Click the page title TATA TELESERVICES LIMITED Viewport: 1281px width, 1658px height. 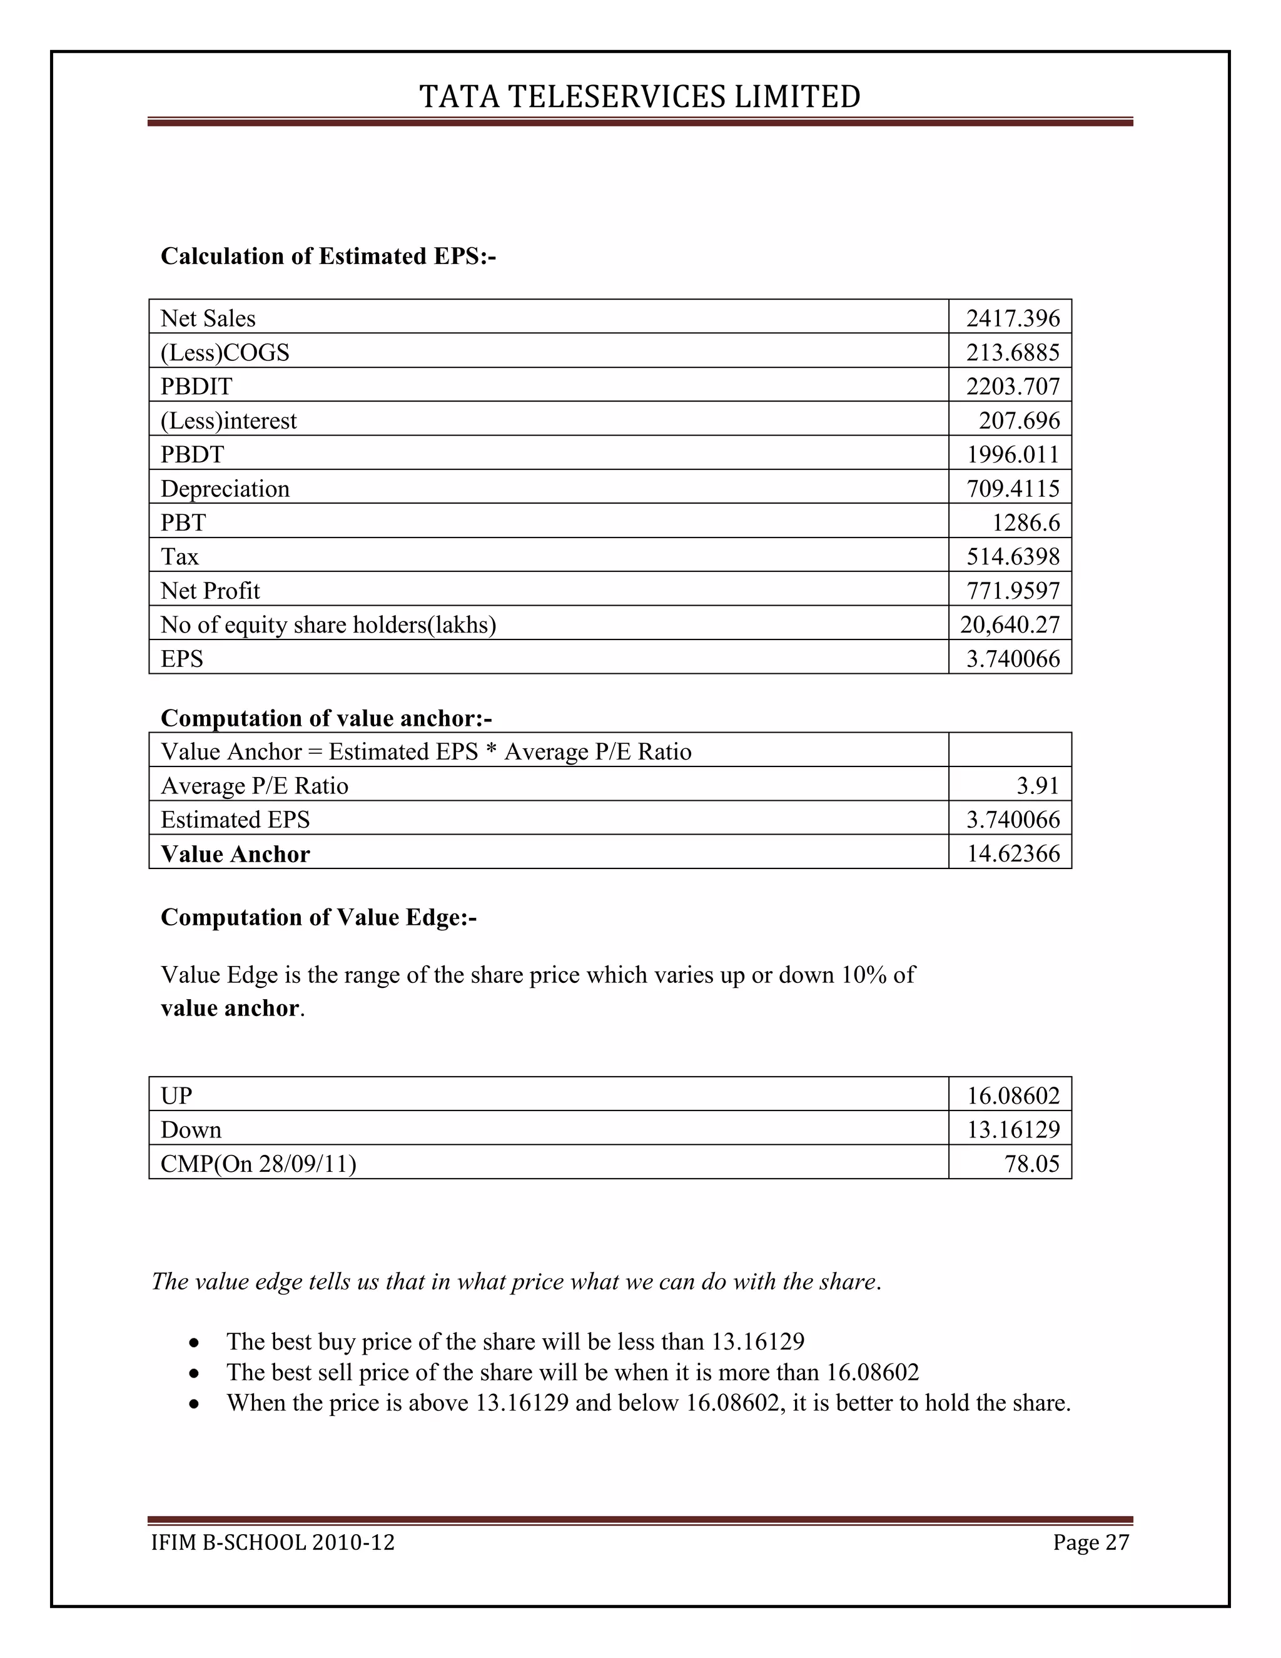640,97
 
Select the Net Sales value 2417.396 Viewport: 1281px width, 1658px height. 1013,318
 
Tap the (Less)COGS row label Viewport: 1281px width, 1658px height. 225,352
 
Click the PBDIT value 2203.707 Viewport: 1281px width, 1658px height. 1013,387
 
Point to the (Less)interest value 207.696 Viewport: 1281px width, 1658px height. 1018,420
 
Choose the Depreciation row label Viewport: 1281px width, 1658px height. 225,488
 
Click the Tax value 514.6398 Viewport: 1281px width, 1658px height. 1013,556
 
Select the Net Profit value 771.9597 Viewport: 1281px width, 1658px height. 1013,591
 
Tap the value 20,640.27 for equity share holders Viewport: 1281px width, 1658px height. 1010,625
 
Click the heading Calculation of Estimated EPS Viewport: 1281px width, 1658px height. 328,257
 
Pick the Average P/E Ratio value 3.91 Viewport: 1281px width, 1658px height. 1038,785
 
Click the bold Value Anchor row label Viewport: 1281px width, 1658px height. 235,854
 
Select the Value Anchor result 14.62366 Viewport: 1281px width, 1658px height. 1013,854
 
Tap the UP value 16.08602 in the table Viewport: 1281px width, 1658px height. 1013,1096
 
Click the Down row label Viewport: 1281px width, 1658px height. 191,1129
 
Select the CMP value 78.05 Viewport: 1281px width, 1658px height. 1031,1164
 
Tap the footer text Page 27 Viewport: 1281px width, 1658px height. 1090,1543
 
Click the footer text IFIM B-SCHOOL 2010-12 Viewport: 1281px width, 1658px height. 273,1543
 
